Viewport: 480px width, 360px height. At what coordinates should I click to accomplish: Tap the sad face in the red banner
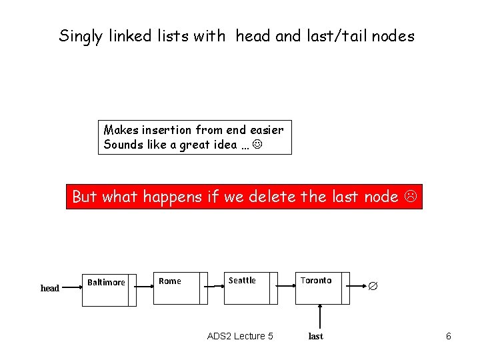tap(412, 197)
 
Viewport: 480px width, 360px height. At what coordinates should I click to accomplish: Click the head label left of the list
tap(50, 288)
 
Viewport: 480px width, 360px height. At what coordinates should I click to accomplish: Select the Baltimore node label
tap(106, 282)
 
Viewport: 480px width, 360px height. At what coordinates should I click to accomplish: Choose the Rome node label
tap(170, 281)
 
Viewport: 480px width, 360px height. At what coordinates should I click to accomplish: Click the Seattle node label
tap(242, 280)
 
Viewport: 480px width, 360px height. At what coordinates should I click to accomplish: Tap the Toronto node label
tap(316, 280)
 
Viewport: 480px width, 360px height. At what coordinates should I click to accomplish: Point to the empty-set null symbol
tap(373, 285)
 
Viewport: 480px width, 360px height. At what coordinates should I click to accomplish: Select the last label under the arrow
tap(316, 336)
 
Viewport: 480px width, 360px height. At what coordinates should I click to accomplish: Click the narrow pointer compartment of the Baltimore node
tap(132, 289)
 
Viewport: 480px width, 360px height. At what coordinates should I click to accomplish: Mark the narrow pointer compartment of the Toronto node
tap(345, 288)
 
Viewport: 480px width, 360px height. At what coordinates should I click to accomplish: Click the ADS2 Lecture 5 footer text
tap(240, 336)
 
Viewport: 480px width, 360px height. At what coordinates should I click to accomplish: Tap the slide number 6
tap(449, 336)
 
